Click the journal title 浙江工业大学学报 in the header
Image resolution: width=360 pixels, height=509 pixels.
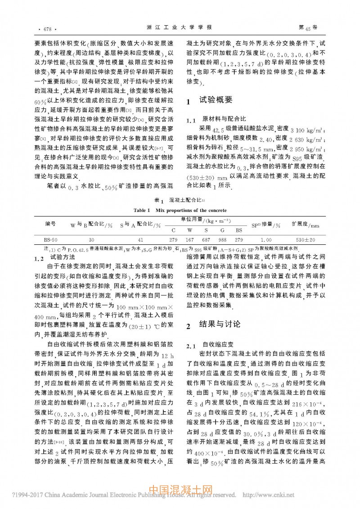click(180, 28)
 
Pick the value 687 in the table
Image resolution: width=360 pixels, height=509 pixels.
click(206, 240)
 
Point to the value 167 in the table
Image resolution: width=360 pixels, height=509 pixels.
click(190, 240)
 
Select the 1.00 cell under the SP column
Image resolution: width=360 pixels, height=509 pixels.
click(266, 240)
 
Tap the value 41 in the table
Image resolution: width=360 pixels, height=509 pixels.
click(140, 240)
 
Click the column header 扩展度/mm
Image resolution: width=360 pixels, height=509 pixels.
click(305, 224)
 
